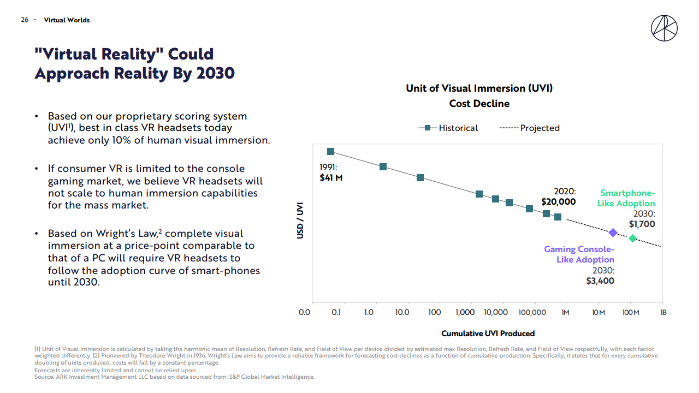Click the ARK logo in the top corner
(x=664, y=28)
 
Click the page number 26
(x=25, y=20)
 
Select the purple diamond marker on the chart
(x=613, y=233)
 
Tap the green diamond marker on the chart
(x=632, y=239)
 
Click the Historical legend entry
(x=449, y=128)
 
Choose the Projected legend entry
(x=530, y=128)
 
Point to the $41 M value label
(x=331, y=177)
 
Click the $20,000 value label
(x=558, y=201)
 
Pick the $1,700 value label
(x=642, y=224)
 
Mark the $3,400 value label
(x=600, y=281)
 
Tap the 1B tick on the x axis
(x=663, y=313)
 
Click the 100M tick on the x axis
(x=631, y=313)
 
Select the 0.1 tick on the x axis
(x=336, y=313)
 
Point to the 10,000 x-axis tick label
(x=497, y=313)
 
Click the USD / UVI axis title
(x=300, y=221)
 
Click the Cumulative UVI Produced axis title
(x=488, y=333)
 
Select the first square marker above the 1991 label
(x=330, y=152)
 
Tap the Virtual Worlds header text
(x=67, y=20)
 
